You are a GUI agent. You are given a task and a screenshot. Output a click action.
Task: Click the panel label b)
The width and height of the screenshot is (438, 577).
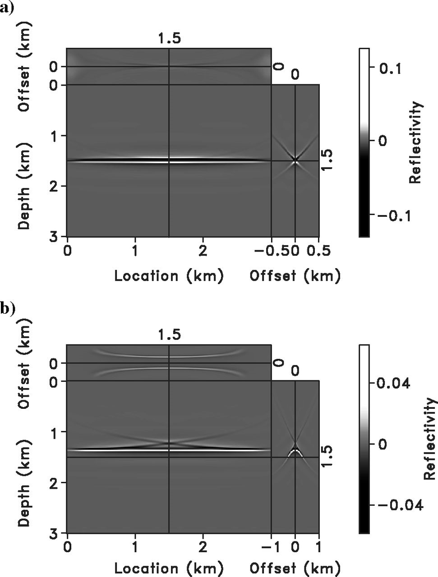pos(8,308)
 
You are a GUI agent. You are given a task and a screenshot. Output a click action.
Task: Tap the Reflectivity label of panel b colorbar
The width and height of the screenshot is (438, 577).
pos(430,439)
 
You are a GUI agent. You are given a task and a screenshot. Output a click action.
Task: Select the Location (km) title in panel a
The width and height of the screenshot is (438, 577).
pos(169,275)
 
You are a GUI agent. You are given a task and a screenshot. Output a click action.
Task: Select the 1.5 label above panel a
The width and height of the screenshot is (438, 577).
pos(169,39)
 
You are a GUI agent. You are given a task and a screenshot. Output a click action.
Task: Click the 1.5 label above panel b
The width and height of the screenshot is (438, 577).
pos(169,335)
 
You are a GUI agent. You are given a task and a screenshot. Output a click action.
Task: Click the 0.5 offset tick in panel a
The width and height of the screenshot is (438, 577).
pos(319,251)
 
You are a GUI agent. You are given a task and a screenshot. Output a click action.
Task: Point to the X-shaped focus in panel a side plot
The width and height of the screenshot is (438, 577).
pos(295,160)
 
